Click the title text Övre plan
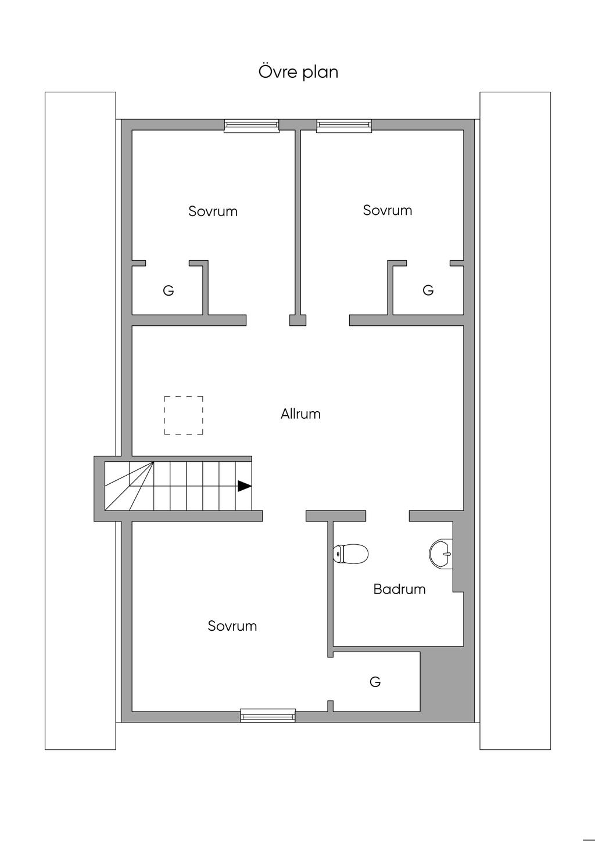(x=298, y=72)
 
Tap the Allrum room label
(x=300, y=414)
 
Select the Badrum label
(x=399, y=589)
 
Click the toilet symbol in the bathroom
(x=350, y=554)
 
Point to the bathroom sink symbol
(x=441, y=554)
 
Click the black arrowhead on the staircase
(x=245, y=486)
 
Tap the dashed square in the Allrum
(x=184, y=415)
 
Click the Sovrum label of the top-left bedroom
(x=213, y=211)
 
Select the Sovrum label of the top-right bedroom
(x=388, y=210)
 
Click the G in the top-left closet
(x=169, y=290)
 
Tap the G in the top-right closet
(x=428, y=290)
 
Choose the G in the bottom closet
(x=375, y=682)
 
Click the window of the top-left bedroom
(x=252, y=126)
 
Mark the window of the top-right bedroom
(x=344, y=126)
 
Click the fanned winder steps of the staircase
(x=129, y=486)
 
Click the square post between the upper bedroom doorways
(x=297, y=320)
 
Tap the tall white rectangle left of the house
(x=80, y=421)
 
